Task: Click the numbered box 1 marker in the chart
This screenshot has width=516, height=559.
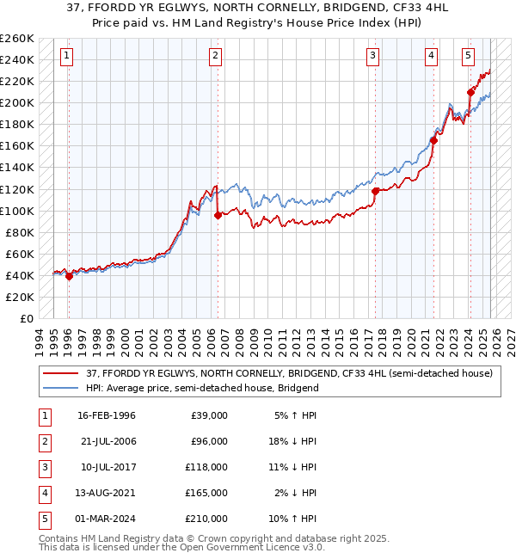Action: (67, 57)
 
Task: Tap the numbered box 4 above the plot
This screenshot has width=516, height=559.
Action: (431, 57)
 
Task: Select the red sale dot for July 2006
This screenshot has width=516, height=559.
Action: (218, 215)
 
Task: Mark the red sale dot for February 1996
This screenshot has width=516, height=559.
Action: (69, 276)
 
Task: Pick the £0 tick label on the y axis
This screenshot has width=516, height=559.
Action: (27, 318)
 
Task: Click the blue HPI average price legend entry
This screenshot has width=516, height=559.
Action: (202, 388)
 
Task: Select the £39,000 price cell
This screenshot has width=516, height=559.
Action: (209, 415)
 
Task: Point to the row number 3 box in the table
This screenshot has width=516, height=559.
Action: (43, 468)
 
